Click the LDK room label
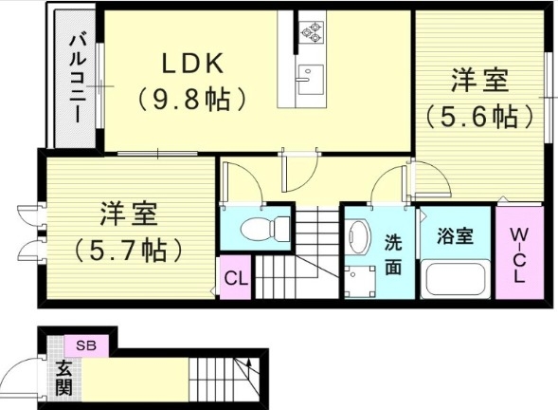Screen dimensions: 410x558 [x=192, y=65]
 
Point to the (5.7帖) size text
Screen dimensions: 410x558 [x=128, y=250]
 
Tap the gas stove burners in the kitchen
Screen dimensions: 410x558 [x=312, y=33]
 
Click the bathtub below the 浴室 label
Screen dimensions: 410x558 [x=455, y=280]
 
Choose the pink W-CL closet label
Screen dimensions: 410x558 [x=518, y=254]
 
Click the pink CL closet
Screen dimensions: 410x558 [x=236, y=279]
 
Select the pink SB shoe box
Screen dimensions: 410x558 [x=85, y=344]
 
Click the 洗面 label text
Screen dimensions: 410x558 [x=392, y=254]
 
